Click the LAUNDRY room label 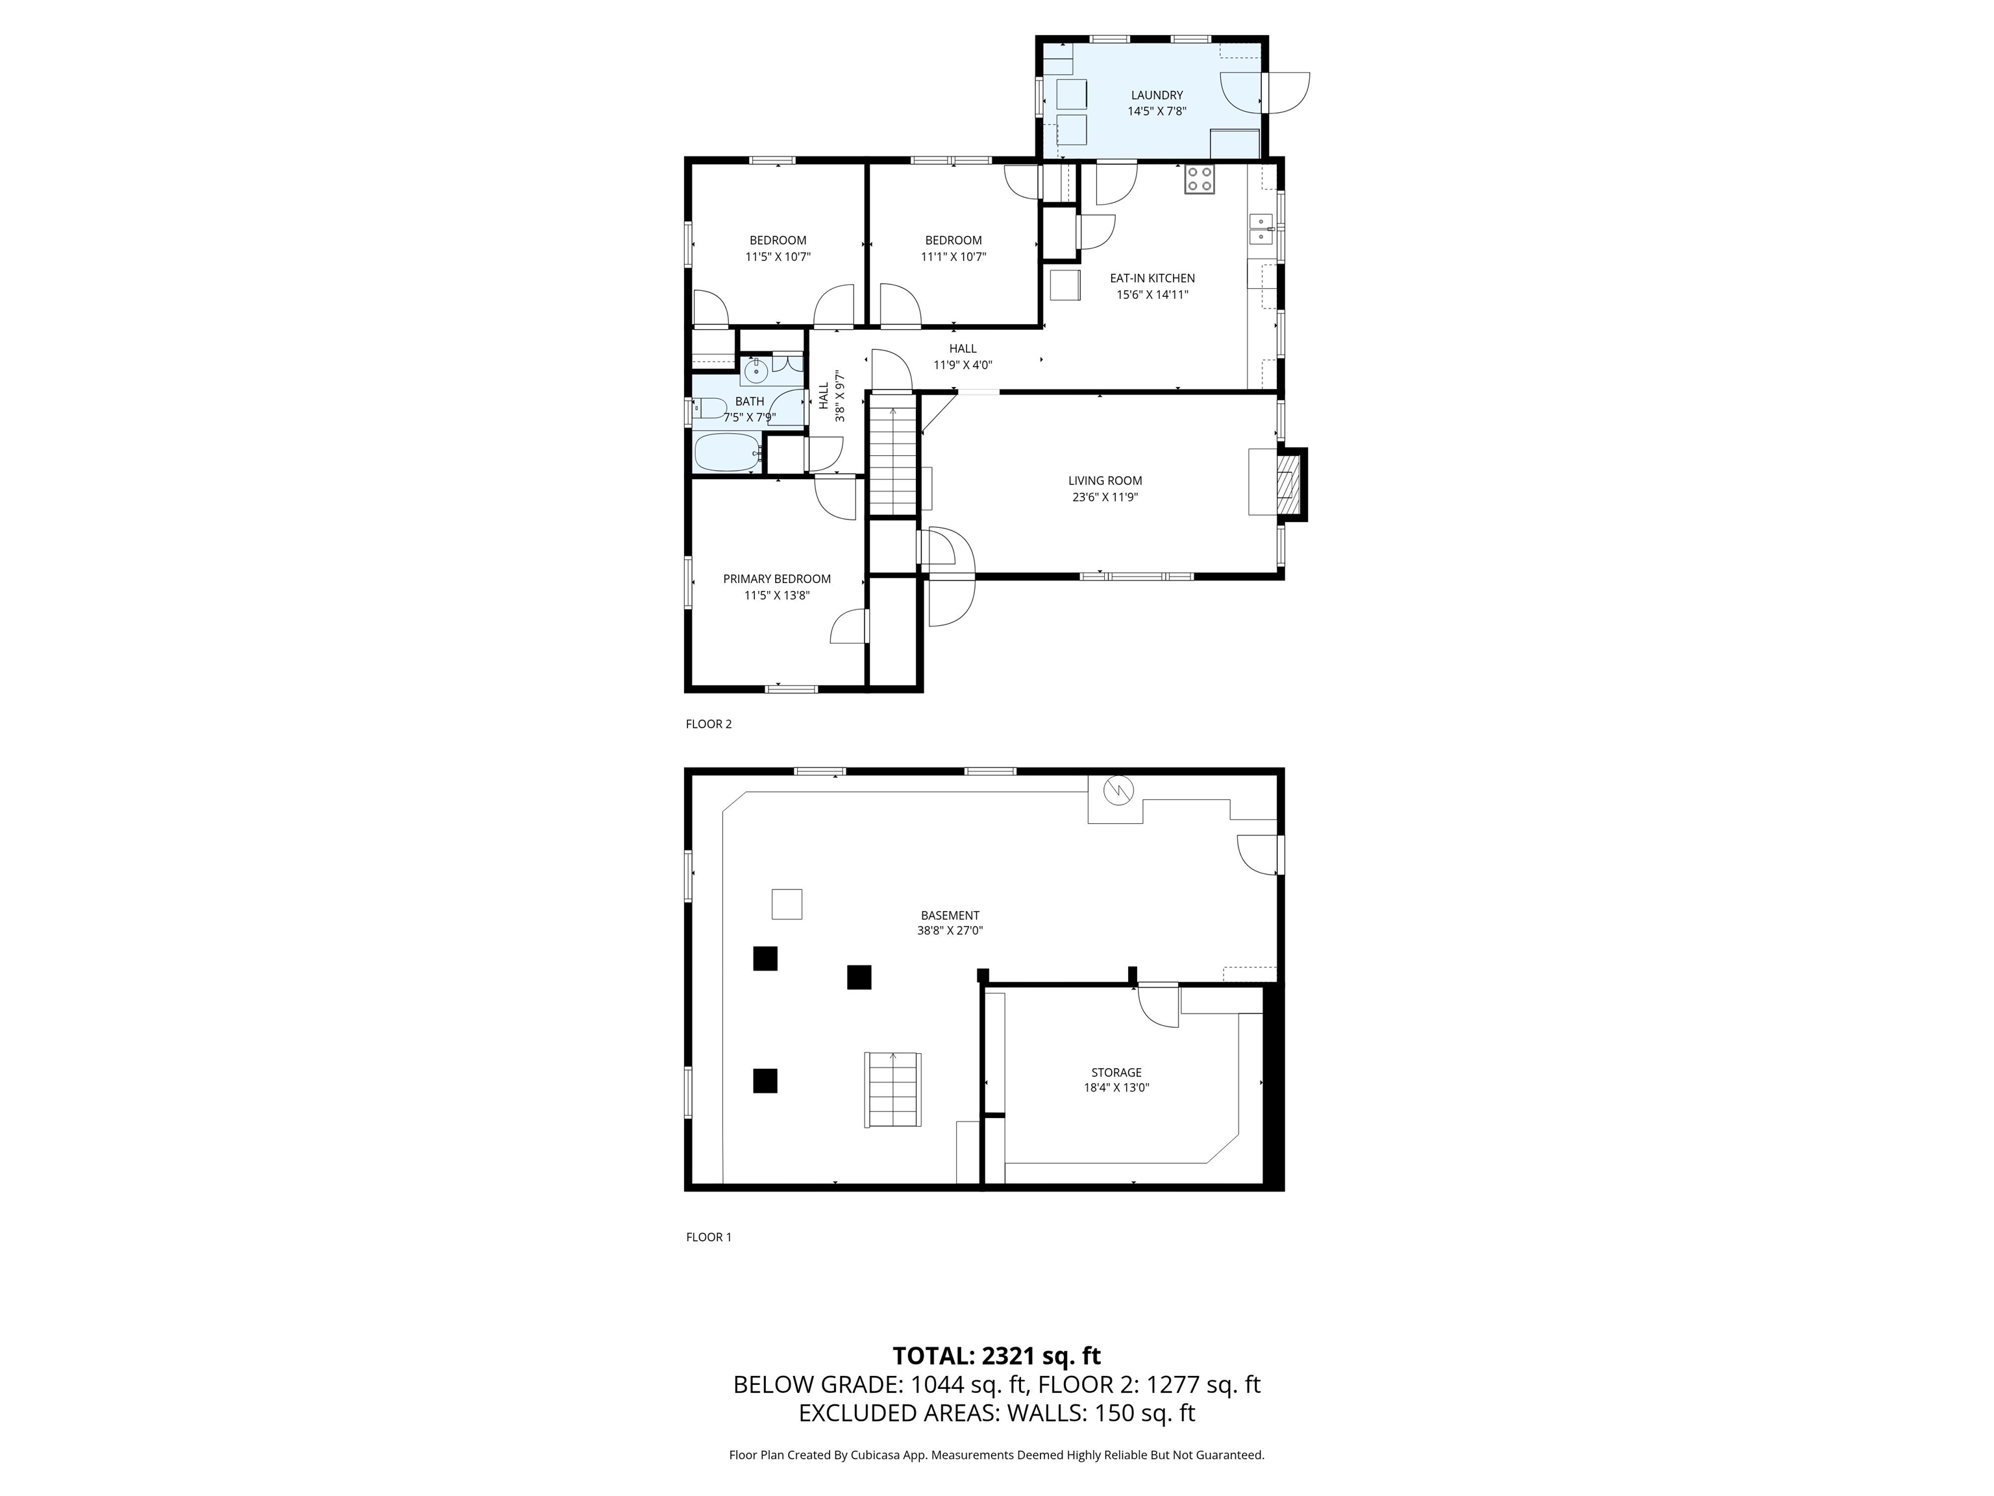pyautogui.click(x=1157, y=95)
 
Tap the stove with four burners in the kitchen pyautogui.click(x=1200, y=179)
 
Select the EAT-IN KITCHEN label pyautogui.click(x=1152, y=279)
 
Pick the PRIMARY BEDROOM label pyautogui.click(x=777, y=579)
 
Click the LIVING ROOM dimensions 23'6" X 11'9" pyautogui.click(x=1105, y=497)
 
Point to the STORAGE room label pyautogui.click(x=1116, y=1072)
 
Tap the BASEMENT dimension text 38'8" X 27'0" pyautogui.click(x=950, y=930)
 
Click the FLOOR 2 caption pyautogui.click(x=709, y=724)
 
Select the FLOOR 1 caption pyautogui.click(x=709, y=1237)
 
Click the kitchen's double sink pyautogui.click(x=1261, y=230)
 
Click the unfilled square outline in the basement pyautogui.click(x=787, y=904)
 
